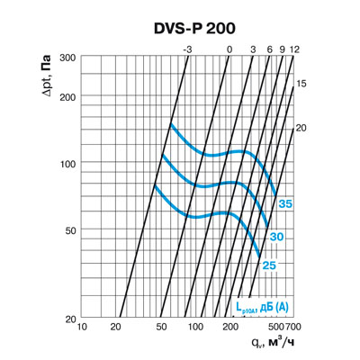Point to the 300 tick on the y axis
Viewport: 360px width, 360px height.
point(64,57)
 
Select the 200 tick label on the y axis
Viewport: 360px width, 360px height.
point(64,96)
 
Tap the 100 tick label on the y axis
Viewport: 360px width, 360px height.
point(64,164)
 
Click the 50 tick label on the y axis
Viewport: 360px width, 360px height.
point(67,231)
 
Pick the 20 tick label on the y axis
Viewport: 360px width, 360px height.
point(67,319)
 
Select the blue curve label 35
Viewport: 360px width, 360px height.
point(285,205)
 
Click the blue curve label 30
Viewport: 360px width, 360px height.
point(277,236)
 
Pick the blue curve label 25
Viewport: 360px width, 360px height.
point(269,265)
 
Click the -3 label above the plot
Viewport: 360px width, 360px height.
point(186,49)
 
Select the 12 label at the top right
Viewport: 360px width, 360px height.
point(294,49)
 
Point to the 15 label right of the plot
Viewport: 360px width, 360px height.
point(301,83)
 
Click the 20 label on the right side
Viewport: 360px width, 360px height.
point(301,128)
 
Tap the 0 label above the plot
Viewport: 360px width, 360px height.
point(229,49)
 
